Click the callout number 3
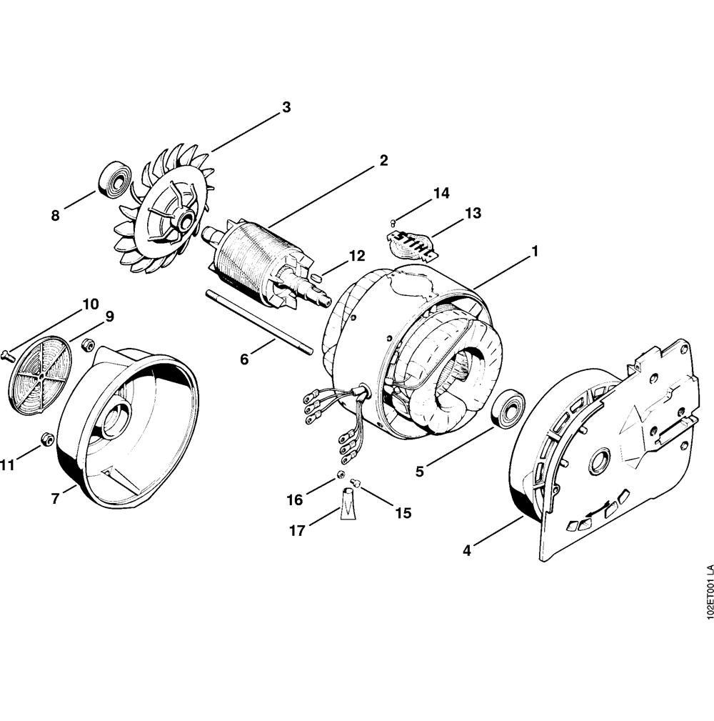click(x=286, y=108)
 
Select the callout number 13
click(x=473, y=214)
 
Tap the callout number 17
click(x=297, y=531)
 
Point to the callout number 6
click(x=244, y=359)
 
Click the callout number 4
click(x=467, y=550)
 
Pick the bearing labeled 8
click(x=115, y=182)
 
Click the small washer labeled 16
click(x=340, y=474)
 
